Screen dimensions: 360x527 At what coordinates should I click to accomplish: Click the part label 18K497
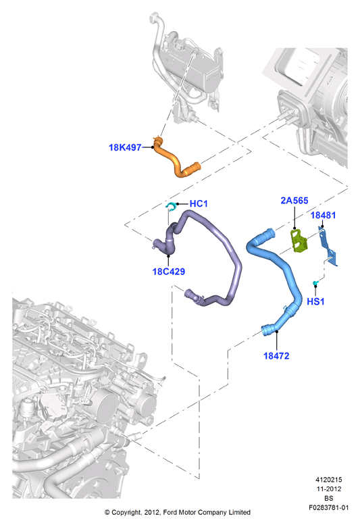(x=125, y=147)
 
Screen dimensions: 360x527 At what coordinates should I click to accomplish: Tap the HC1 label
(x=199, y=203)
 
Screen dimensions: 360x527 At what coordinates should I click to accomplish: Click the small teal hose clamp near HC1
(x=171, y=206)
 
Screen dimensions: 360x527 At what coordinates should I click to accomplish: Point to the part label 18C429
(x=169, y=272)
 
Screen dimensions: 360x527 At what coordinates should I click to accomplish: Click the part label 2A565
(x=294, y=201)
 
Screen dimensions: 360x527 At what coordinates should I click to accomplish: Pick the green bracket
(x=299, y=240)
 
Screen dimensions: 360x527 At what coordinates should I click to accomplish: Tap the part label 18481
(x=323, y=215)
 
